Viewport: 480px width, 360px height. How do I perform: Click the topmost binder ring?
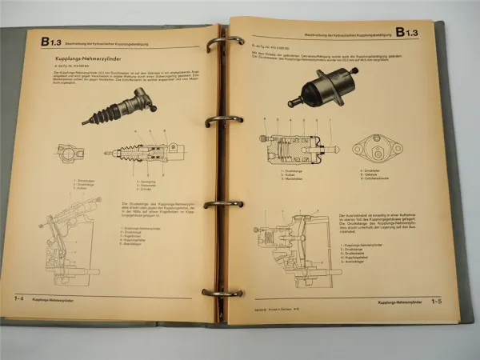tap(223, 42)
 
